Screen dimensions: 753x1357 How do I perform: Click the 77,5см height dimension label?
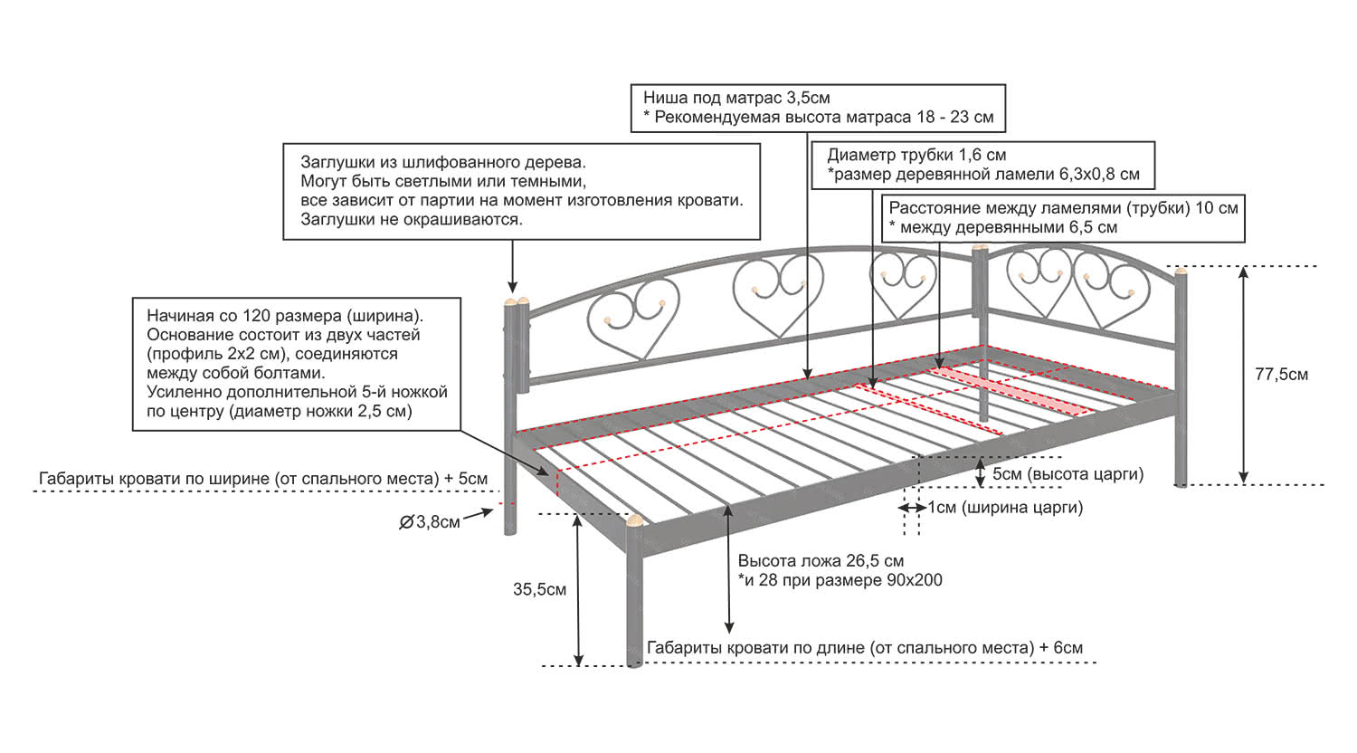[x=1281, y=375]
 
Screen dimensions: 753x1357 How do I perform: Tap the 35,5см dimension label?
[x=539, y=590]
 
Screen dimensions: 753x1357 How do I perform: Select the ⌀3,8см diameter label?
[x=431, y=522]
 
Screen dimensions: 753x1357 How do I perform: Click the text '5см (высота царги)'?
[x=1068, y=474]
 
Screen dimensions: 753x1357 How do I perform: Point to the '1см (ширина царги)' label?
[x=1005, y=508]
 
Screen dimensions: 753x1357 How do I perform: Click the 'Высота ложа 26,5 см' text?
[x=821, y=561]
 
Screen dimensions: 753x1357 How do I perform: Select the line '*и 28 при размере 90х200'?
[x=840, y=580]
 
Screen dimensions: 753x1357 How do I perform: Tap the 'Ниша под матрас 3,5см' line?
[x=736, y=98]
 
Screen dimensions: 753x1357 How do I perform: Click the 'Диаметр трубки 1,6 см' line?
[x=916, y=155]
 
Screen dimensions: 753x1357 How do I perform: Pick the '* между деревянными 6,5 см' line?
[x=1003, y=227]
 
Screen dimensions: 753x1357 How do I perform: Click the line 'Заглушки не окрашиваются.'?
[x=412, y=219]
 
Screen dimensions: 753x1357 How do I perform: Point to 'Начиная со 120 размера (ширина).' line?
[x=285, y=316]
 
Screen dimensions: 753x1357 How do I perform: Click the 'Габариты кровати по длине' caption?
[x=864, y=648]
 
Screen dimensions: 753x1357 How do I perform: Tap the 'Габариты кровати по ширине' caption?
[x=263, y=479]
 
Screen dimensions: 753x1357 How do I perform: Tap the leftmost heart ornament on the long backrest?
[x=633, y=320]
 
